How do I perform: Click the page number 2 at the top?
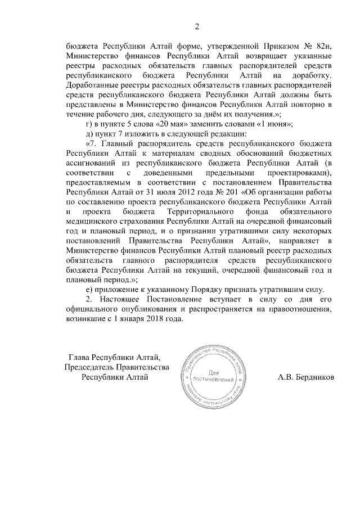pos(197,26)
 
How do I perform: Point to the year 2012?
pos(174,192)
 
